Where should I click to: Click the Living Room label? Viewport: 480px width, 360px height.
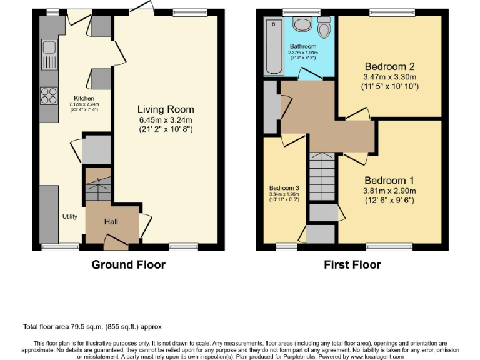click(166, 109)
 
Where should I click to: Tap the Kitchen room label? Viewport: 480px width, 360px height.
click(84, 99)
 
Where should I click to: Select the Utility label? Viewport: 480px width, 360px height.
click(69, 217)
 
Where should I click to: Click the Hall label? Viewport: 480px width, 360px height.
click(111, 222)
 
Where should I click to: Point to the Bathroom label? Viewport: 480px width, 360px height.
click(302, 47)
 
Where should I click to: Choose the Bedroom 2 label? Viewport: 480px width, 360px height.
click(390, 66)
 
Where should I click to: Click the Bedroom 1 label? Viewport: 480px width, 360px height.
click(390, 178)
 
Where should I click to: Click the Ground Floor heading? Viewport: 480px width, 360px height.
click(129, 265)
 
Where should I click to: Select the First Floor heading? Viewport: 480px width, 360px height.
click(352, 265)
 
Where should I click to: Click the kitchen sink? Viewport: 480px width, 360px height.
click(48, 49)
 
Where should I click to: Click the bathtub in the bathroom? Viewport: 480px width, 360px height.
click(273, 47)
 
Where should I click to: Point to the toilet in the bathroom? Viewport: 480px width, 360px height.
click(324, 28)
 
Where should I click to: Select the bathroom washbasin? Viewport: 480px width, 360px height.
click(302, 24)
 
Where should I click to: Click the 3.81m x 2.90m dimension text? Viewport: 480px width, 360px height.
click(390, 191)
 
